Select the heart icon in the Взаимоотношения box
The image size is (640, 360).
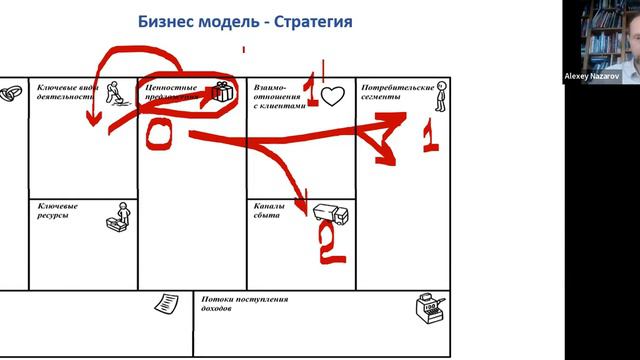point(333,97)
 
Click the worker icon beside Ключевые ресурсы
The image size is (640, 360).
point(119,219)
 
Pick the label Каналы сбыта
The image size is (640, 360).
point(270,212)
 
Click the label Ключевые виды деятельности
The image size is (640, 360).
point(68,93)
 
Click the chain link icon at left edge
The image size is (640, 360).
point(11,93)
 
